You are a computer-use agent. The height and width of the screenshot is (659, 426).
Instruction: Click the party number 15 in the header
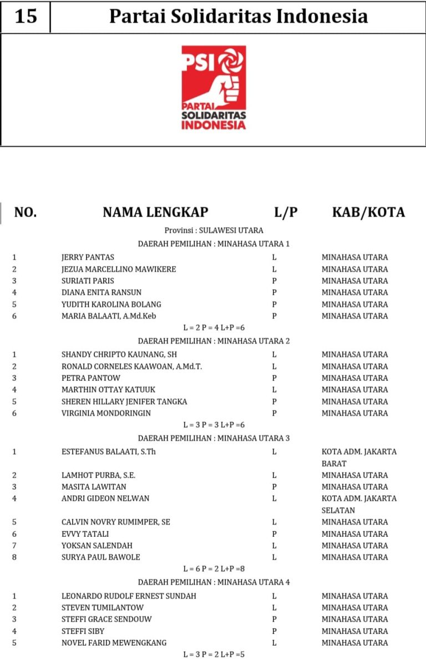[x=26, y=17]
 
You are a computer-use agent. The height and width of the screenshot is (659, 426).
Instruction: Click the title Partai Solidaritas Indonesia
[x=239, y=17]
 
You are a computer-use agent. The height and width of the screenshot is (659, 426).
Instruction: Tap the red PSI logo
[x=214, y=88]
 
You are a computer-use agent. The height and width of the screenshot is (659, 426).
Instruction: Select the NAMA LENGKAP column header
[x=155, y=212]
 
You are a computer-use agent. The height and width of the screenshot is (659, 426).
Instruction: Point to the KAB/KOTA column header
[x=368, y=212]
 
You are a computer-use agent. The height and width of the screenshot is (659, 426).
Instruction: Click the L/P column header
[x=286, y=212]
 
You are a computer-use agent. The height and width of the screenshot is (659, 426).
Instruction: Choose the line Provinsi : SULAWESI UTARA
[x=214, y=230]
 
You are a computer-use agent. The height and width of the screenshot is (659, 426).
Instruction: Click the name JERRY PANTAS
[x=88, y=258]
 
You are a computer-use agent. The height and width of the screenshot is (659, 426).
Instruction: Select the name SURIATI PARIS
[x=88, y=281]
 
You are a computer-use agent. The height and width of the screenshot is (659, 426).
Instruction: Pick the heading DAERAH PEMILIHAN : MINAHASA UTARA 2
[x=214, y=341]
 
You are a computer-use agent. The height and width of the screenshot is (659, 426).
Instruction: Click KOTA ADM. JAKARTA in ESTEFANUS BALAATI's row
[x=359, y=452]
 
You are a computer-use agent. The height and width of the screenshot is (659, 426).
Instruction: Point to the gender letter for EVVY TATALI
[x=274, y=534]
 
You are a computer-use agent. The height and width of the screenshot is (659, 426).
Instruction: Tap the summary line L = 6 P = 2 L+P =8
[x=214, y=569]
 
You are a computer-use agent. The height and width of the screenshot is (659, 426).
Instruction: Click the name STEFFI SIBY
[x=83, y=631]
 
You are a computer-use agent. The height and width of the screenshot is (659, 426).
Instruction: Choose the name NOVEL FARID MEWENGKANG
[x=114, y=643]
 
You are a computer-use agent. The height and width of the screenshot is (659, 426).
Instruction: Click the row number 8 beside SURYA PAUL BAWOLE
[x=14, y=557]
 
